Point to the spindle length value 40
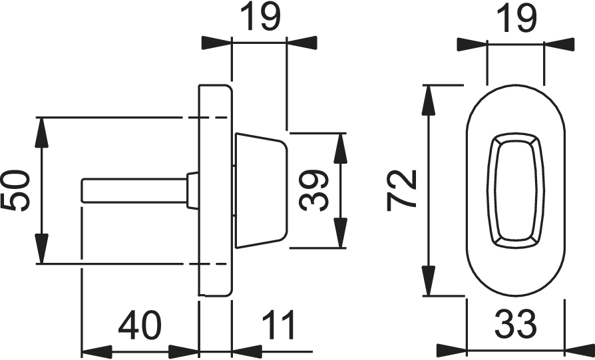[x=140, y=326]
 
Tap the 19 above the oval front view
[x=516, y=20]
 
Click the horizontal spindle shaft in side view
[x=133, y=189]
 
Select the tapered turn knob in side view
[x=260, y=190]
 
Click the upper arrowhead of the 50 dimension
[x=41, y=130]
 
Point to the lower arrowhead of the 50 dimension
[x=41, y=251]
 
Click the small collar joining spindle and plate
[x=193, y=190]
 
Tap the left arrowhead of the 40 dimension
[x=93, y=350]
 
